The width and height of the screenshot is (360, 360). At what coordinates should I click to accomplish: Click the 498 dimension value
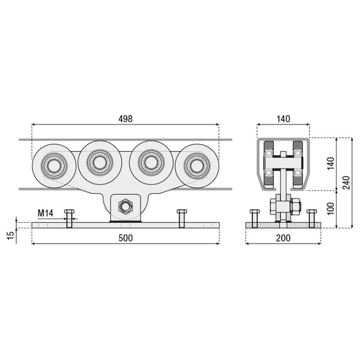125,119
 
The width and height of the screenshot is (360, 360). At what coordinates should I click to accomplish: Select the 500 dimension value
126,238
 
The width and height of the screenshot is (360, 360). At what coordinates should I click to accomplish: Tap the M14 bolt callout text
45,213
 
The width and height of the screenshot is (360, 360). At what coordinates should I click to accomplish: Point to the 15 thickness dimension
11,236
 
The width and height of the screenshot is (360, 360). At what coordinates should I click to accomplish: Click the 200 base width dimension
283,238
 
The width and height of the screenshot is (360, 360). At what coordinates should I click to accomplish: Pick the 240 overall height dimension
346,182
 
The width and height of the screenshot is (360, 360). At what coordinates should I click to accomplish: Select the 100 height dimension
331,208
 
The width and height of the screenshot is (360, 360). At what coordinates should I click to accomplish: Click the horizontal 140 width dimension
283,119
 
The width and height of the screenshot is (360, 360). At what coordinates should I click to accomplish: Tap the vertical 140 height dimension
331,164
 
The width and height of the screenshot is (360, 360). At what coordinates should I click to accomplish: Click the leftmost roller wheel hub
54,166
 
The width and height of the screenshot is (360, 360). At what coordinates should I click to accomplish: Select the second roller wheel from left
100,162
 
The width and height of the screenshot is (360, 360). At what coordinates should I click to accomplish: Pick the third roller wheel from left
151,162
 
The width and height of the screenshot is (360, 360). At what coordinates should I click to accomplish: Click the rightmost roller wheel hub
197,166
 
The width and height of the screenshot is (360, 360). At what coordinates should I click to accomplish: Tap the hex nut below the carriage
125,206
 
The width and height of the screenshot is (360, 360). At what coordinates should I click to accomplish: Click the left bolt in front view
69,218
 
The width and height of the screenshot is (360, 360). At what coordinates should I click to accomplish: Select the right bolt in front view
181,218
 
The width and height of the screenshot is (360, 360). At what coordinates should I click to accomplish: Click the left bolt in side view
254,218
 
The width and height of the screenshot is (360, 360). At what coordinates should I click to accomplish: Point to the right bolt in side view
312,218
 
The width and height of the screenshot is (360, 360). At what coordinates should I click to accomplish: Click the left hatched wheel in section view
269,165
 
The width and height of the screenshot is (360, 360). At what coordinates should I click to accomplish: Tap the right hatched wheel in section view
298,165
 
